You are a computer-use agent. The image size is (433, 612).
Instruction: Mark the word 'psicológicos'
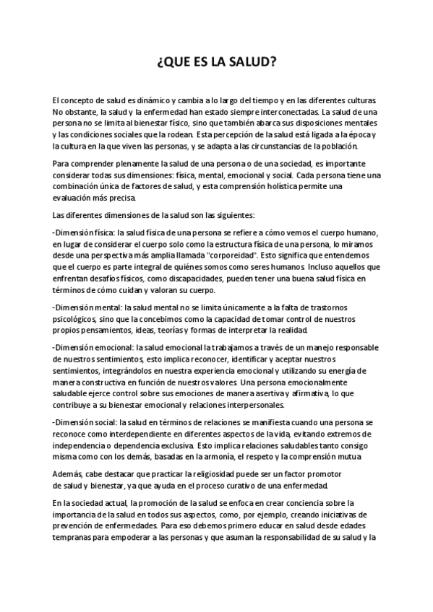(x=77, y=320)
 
